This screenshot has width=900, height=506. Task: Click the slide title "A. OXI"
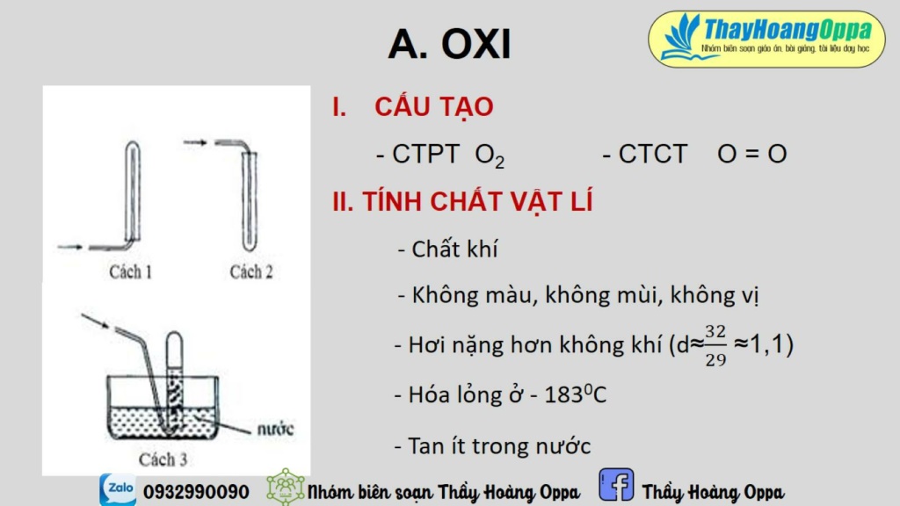449,44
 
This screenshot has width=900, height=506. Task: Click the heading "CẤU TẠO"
433,107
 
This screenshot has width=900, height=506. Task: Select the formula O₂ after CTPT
490,155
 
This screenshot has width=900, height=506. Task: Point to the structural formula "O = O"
751,154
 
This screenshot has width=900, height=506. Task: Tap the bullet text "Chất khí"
454,249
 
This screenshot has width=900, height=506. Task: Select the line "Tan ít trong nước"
498,445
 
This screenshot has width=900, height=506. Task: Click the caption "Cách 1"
131,271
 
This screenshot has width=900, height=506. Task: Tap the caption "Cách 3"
163,459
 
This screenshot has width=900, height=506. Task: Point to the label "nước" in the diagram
274,430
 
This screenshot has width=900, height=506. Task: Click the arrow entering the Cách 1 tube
70,246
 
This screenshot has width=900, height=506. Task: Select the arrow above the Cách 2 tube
196,141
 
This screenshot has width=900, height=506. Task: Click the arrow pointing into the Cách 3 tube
95,321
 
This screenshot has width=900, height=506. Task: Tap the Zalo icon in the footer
117,489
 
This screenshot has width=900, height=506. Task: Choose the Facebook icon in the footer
616,486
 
